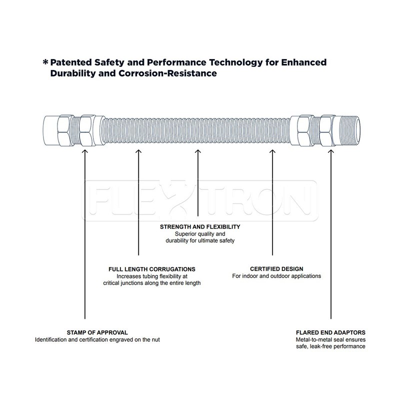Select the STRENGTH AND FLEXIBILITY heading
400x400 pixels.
pos(200,226)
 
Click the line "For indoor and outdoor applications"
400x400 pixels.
pos(276,276)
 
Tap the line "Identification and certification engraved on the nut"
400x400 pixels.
pos(97,340)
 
